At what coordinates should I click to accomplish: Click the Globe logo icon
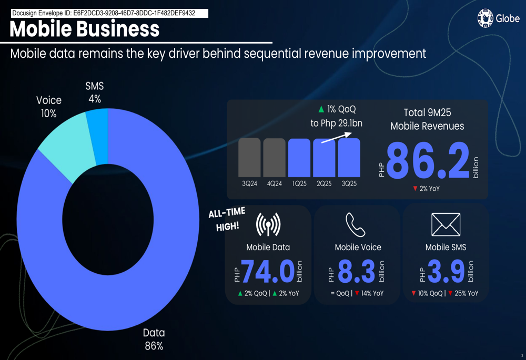pyautogui.click(x=485, y=18)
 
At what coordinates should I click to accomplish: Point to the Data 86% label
pyautogui.click(x=154, y=339)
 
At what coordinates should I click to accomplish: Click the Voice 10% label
pyautogui.click(x=49, y=106)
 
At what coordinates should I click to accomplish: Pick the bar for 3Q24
pyautogui.click(x=249, y=157)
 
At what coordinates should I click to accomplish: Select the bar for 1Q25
pyautogui.click(x=299, y=157)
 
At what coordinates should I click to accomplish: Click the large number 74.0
pyautogui.click(x=267, y=271)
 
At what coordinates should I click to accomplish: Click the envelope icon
pyautogui.click(x=446, y=225)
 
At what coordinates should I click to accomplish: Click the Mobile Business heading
pyautogui.click(x=85, y=29)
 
